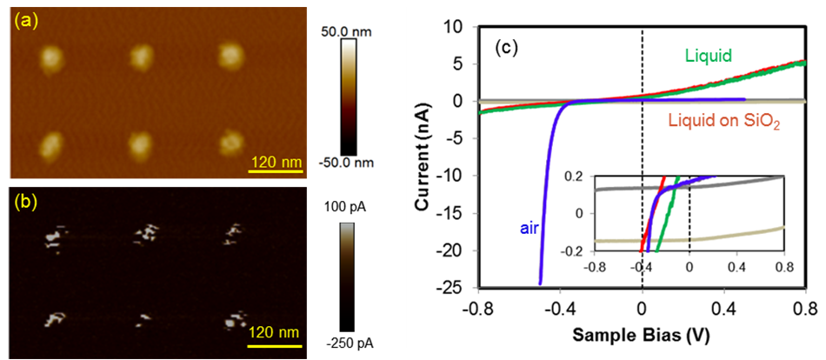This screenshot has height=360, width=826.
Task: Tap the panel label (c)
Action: [x=508, y=47]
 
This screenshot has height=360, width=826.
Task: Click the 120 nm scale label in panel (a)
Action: [x=276, y=160]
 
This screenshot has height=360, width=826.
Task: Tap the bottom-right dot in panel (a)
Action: [x=231, y=141]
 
